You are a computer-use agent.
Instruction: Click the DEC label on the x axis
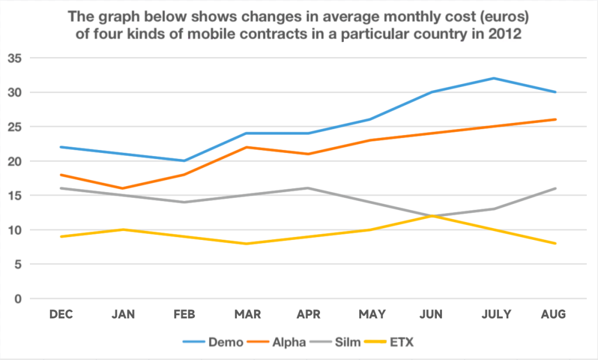pyautogui.click(x=61, y=315)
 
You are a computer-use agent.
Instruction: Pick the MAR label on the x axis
pyautogui.click(x=248, y=315)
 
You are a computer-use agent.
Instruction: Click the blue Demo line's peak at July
pyautogui.click(x=493, y=78)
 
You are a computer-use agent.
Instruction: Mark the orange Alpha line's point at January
pyautogui.click(x=123, y=188)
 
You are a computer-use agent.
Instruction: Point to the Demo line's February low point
pyautogui.click(x=184, y=161)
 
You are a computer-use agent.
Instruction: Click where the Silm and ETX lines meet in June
pyautogui.click(x=431, y=216)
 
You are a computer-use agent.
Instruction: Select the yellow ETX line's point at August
pyautogui.click(x=555, y=244)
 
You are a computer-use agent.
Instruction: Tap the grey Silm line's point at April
pyautogui.click(x=308, y=188)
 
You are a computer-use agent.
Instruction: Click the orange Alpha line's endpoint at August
pyautogui.click(x=555, y=119)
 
